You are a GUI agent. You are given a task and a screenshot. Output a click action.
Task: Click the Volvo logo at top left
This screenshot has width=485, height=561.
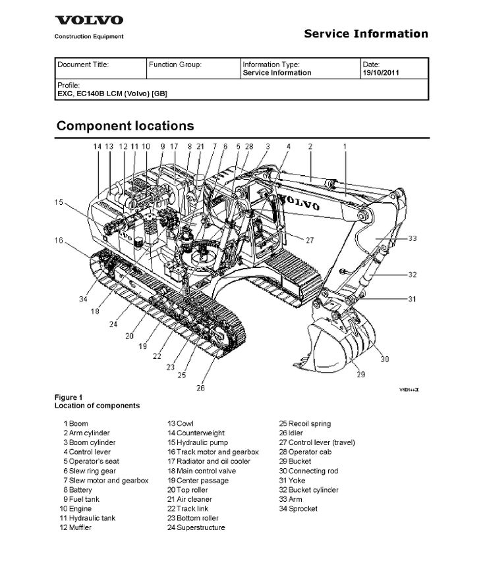(x=88, y=21)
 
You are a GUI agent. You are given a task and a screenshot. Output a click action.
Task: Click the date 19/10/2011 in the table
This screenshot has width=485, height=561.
(x=382, y=73)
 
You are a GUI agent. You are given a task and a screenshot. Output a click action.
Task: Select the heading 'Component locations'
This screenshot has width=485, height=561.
(x=125, y=125)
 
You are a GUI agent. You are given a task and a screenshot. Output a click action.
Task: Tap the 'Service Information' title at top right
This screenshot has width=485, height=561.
(x=366, y=34)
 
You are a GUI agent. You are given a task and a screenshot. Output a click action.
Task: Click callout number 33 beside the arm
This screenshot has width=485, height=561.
(x=413, y=238)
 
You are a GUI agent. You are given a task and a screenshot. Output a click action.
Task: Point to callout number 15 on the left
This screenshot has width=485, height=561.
(x=59, y=202)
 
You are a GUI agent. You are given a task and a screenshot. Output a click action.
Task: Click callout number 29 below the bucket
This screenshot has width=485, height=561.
(x=360, y=375)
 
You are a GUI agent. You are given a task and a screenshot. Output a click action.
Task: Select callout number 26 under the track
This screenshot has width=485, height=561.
(x=200, y=388)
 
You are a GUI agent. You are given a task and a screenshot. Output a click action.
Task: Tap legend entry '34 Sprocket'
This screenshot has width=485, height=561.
(x=298, y=509)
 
